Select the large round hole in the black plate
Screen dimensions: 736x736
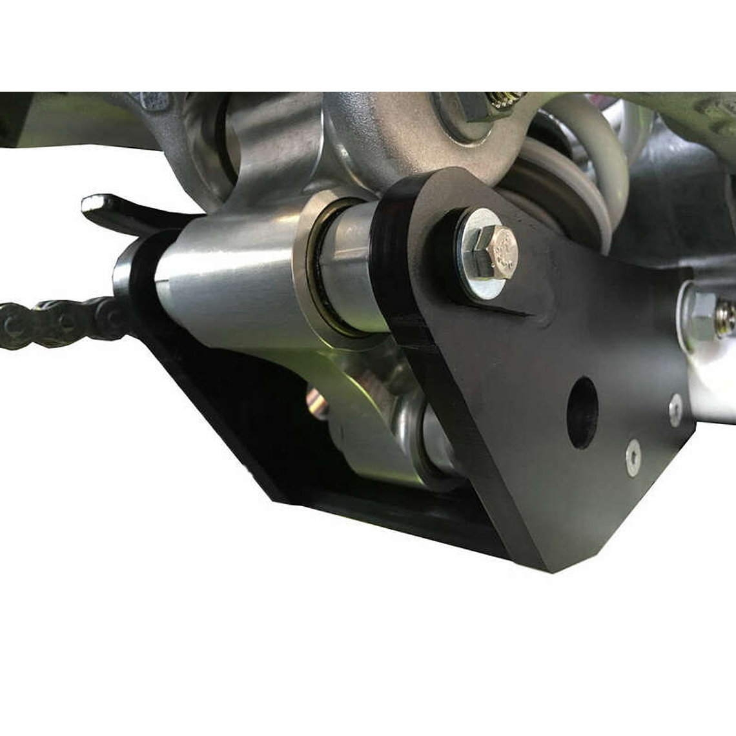[x=582, y=413]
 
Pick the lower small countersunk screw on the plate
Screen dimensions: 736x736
[x=633, y=457]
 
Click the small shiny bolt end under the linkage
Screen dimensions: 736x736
[x=316, y=403]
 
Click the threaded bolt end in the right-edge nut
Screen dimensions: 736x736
[x=725, y=318]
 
